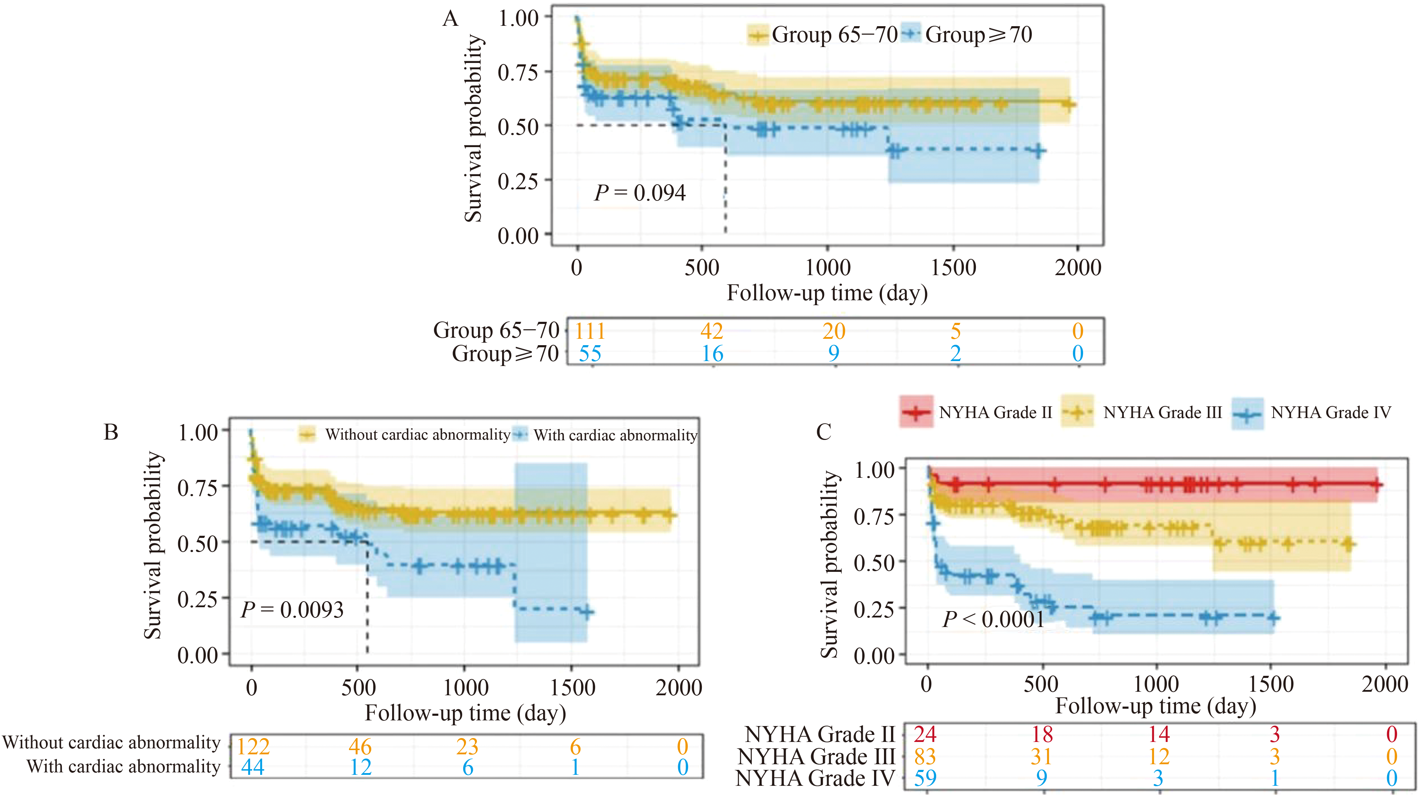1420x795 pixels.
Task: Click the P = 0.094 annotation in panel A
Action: click(639, 193)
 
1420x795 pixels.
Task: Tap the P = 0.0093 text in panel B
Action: click(292, 610)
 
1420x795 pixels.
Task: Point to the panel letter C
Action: click(824, 432)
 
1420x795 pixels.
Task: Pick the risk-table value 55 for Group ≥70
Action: click(590, 353)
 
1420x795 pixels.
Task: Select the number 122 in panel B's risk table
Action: click(253, 747)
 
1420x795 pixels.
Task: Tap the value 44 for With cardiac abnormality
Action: click(253, 767)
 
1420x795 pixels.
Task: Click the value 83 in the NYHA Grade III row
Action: click(925, 756)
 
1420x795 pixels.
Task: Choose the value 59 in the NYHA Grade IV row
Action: click(925, 778)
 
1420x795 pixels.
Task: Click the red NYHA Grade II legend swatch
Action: click(916, 412)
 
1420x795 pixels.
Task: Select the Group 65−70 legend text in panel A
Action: click(834, 35)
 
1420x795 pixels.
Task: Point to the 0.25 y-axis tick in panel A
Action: click(518, 181)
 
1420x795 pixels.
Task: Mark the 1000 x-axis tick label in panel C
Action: click(1156, 684)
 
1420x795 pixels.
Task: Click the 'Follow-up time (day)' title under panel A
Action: click(827, 293)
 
